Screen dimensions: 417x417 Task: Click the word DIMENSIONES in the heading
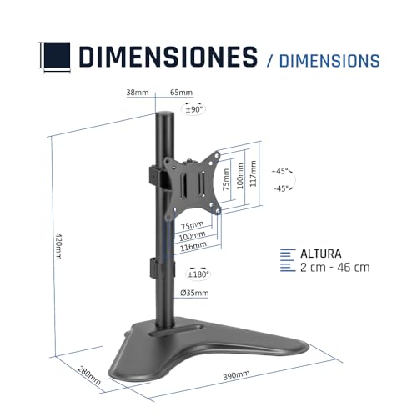coord(168,57)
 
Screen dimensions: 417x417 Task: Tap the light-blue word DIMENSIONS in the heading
coord(329,61)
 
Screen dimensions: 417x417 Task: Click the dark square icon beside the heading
coord(57,55)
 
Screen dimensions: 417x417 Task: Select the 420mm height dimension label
coord(58,246)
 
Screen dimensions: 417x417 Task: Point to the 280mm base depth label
coord(89,375)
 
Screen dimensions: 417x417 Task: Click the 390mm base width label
coord(236,375)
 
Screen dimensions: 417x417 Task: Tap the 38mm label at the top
coord(138,93)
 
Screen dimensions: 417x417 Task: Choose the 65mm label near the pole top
coord(181,93)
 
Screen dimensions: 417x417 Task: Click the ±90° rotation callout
coord(193,109)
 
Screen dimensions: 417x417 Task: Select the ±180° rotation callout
coord(198,274)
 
